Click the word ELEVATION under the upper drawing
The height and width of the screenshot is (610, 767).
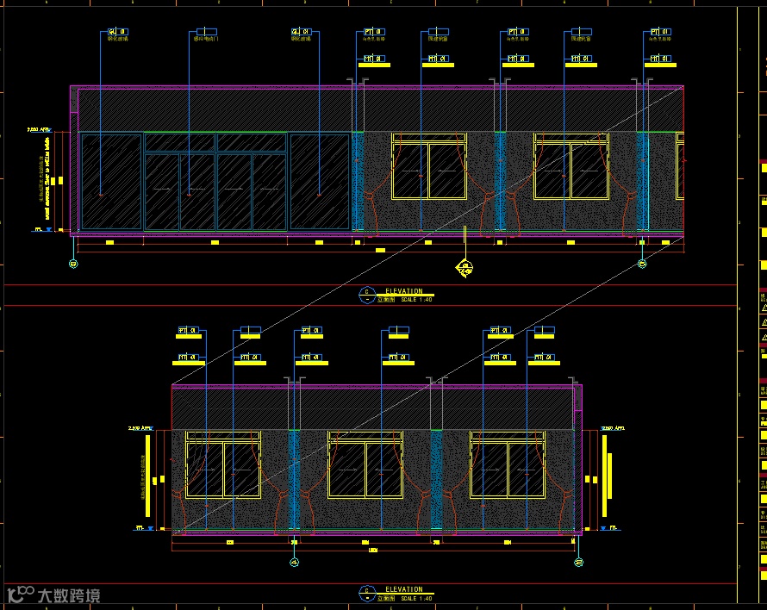[x=404, y=291]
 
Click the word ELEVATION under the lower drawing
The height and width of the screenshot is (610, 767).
[x=404, y=590]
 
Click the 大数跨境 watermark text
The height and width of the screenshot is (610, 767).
[x=68, y=595]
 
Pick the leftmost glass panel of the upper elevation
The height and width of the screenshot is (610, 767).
[x=110, y=181]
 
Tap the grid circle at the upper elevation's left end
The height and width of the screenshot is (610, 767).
[x=72, y=264]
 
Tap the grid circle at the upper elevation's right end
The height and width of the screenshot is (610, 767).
[x=642, y=264]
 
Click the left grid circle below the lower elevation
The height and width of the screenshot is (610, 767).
[x=294, y=563]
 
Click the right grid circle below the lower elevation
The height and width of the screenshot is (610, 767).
[x=577, y=563]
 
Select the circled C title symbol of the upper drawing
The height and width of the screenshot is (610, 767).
[x=367, y=293]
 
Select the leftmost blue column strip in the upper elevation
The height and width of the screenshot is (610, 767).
[x=359, y=181]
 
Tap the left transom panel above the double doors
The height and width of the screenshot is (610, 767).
[x=179, y=142]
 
